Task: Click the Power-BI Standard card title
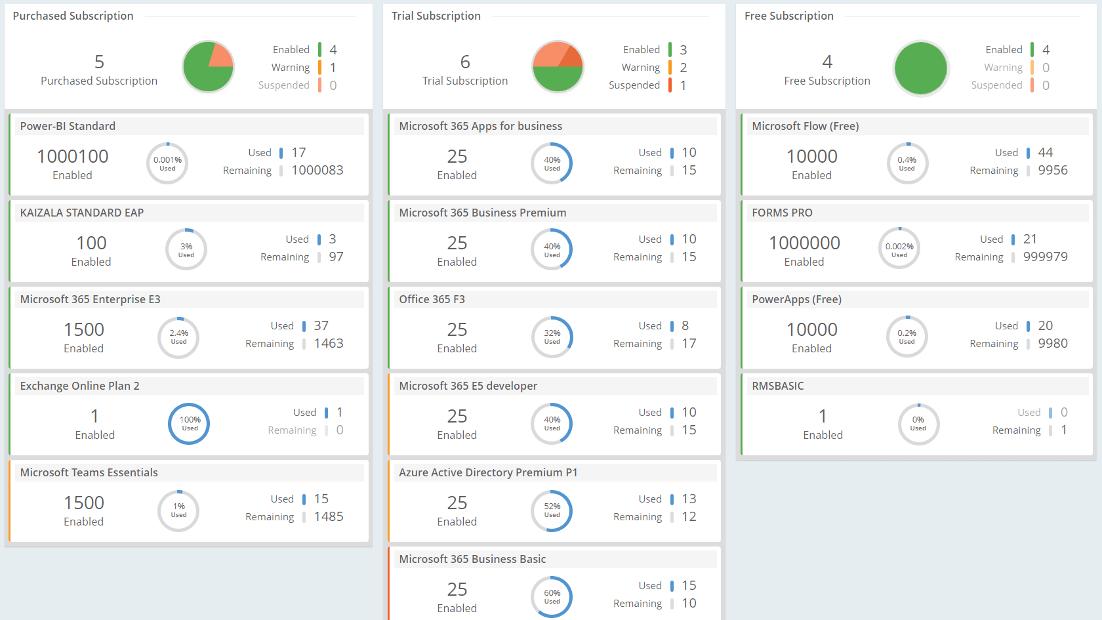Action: (68, 126)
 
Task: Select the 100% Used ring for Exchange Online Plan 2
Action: (190, 423)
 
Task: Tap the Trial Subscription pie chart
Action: (558, 67)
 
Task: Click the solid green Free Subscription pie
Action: (920, 68)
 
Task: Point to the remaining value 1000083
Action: (317, 171)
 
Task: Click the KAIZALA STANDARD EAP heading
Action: (82, 213)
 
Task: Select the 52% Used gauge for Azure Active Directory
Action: (552, 510)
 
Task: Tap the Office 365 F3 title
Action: (432, 299)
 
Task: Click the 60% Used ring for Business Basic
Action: (552, 596)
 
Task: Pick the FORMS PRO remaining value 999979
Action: (1045, 257)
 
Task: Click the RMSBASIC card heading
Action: (777, 386)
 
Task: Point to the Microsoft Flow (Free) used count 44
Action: (1045, 152)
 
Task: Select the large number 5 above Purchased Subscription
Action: (99, 62)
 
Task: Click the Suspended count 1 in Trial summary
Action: (683, 85)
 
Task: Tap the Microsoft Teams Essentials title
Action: (89, 472)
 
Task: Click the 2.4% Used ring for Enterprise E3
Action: (178, 337)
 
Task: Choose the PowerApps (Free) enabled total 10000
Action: (811, 329)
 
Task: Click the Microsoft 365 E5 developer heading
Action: (468, 386)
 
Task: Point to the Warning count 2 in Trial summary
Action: (683, 68)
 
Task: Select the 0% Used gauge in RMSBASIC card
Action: (918, 423)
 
